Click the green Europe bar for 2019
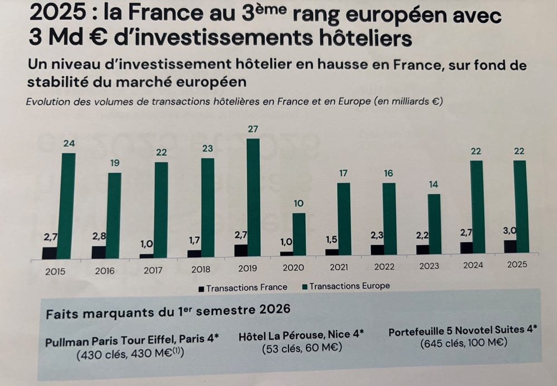pyautogui.click(x=253, y=197)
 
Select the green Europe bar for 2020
pyautogui.click(x=299, y=234)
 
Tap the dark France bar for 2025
pyautogui.click(x=510, y=246)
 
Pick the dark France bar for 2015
pyautogui.click(x=50, y=253)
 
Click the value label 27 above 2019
pyautogui.click(x=253, y=129)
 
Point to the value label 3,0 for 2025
pyautogui.click(x=510, y=231)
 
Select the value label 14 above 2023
pyautogui.click(x=433, y=184)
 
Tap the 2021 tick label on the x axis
pyautogui.click(x=339, y=267)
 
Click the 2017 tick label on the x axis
pyautogui.click(x=153, y=270)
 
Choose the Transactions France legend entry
pyautogui.click(x=243, y=287)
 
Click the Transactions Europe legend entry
pyautogui.click(x=346, y=286)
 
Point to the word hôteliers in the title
pyautogui.click(x=365, y=38)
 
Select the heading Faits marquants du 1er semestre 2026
pyautogui.click(x=168, y=311)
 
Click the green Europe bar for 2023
pyautogui.click(x=434, y=224)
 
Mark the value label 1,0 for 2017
pyautogui.click(x=146, y=244)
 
